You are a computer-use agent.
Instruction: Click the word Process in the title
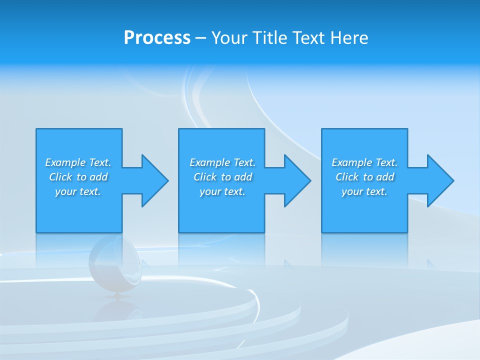pyautogui.click(x=157, y=38)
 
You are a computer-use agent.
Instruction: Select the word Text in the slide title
pyautogui.click(x=308, y=38)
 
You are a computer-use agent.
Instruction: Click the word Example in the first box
pyautogui.click(x=65, y=162)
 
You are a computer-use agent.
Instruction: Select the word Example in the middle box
pyautogui.click(x=209, y=162)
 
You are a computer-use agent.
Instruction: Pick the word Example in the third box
pyautogui.click(x=351, y=162)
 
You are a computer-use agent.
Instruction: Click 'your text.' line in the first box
pyautogui.click(x=78, y=191)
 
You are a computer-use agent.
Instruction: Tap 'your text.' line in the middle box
pyautogui.click(x=222, y=191)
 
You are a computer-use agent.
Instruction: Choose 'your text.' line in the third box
pyautogui.click(x=364, y=191)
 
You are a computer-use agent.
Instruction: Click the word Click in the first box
pyautogui.click(x=60, y=177)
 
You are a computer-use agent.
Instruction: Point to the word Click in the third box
pyautogui.click(x=347, y=177)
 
